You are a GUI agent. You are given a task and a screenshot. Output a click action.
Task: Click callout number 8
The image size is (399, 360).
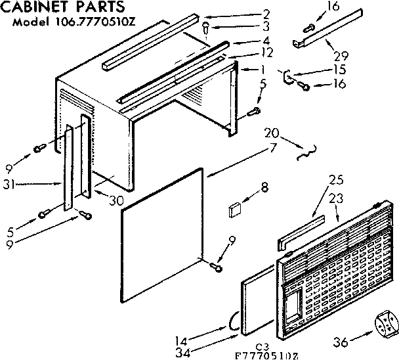click(x=264, y=188)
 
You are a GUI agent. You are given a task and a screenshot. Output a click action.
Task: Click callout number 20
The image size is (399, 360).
click(x=271, y=135)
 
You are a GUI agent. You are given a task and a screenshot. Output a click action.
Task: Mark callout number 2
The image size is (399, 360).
click(x=248, y=13)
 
